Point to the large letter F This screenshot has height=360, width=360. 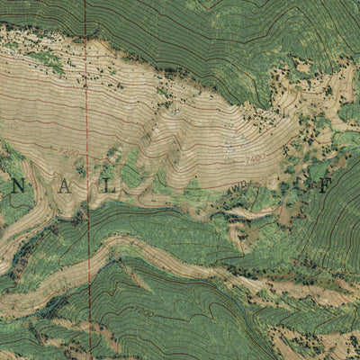pos(326,187)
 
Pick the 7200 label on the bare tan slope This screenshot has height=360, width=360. pos(68,152)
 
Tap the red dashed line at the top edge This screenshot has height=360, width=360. pos(86,3)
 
